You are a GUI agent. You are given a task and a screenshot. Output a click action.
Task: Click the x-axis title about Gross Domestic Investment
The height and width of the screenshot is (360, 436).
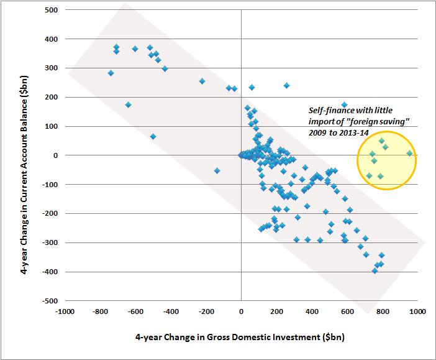click(240, 338)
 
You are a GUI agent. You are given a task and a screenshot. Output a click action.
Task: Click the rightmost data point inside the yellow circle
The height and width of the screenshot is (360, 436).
click(409, 153)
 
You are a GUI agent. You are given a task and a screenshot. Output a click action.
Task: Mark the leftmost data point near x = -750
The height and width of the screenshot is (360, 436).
click(111, 73)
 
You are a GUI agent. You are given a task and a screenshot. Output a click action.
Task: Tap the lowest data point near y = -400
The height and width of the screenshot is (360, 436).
click(375, 270)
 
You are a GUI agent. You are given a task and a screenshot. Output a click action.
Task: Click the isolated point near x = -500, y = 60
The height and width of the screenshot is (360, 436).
click(153, 136)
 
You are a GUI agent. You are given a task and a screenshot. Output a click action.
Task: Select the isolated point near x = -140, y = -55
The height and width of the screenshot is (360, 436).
click(217, 170)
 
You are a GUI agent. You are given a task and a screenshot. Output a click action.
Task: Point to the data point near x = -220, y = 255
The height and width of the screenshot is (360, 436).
click(202, 81)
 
